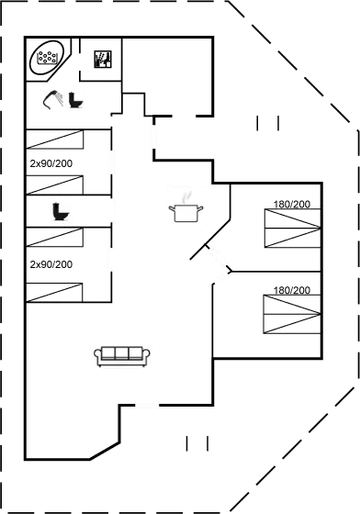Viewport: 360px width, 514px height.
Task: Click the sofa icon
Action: click(122, 354)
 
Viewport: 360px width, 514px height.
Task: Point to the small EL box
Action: click(103, 61)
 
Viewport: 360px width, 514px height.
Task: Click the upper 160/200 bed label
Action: click(292, 204)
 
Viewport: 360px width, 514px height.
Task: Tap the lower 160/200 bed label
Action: click(292, 290)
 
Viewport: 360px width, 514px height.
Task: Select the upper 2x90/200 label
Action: click(51, 163)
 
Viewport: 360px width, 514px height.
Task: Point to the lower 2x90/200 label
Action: click(51, 264)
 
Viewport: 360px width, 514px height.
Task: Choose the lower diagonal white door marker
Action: click(221, 276)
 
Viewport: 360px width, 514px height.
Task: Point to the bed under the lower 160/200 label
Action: click(291, 316)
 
